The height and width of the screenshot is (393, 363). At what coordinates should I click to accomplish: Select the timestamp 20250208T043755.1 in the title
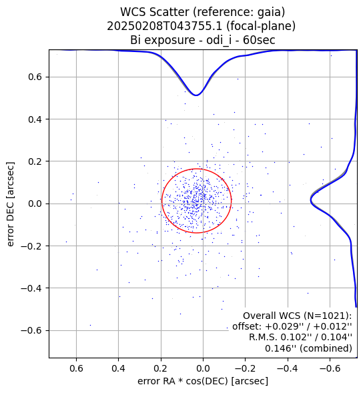coord(165,26)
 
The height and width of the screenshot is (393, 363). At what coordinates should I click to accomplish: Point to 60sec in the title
coord(259,40)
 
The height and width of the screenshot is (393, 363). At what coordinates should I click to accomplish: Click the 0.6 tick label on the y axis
coord(35,77)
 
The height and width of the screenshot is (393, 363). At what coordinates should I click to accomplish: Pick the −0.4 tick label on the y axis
coord(31,288)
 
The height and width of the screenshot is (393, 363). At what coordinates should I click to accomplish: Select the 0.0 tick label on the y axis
coord(35,204)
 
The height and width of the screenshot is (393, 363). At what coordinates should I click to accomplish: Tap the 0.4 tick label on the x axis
coord(118,368)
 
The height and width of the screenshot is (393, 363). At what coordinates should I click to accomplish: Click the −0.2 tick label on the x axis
coord(245,368)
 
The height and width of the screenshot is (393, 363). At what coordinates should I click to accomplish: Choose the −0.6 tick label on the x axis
coord(330,368)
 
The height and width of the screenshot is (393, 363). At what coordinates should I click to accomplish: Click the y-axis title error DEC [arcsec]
coord(11,204)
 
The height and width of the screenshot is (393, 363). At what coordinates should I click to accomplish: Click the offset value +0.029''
coord(282,326)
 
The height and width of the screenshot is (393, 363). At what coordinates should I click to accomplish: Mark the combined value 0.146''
coord(279,348)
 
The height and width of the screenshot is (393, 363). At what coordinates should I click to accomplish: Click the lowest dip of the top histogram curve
coord(196,95)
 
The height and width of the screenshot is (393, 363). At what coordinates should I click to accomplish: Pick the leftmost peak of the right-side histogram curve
coord(311,200)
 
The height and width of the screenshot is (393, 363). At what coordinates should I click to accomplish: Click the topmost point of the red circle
coord(197,169)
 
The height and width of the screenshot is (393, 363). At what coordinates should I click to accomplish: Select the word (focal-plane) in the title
coord(261,26)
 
